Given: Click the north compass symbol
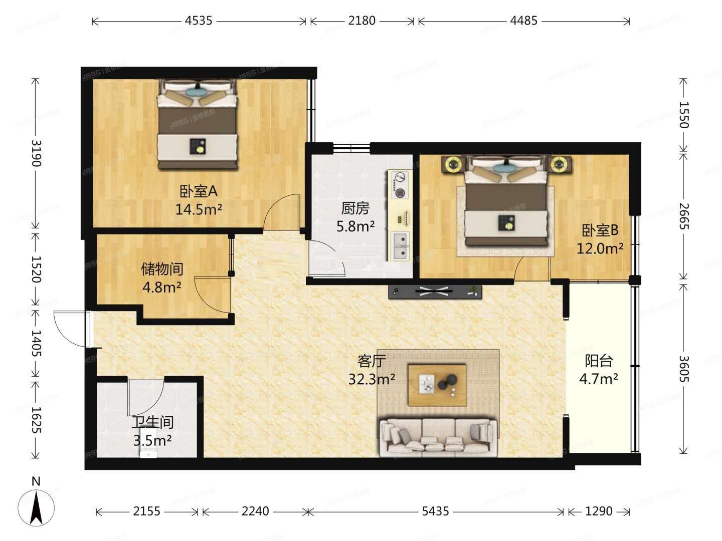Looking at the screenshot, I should coord(36,506).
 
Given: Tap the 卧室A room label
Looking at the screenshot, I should coord(199,191).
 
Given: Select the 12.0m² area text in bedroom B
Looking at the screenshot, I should coord(600,248).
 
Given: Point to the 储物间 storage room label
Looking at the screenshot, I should coord(162,269).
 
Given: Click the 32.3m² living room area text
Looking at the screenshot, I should coord(372,379).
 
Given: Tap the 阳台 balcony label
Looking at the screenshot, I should coord(599,361).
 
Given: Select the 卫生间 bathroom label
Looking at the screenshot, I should coord(152,422).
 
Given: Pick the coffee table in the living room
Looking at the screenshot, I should coord(437,385).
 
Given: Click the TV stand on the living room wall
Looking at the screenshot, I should coord(435,292).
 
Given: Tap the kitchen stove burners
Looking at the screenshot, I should coord(400,185).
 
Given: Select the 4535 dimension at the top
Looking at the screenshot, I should coord(199,21).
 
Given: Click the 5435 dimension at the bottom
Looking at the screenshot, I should coord(436,511).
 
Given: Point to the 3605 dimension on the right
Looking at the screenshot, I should coord(683,369).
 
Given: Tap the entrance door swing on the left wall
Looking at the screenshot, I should coord(70,329).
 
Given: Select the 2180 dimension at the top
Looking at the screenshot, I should coord(362,21).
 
